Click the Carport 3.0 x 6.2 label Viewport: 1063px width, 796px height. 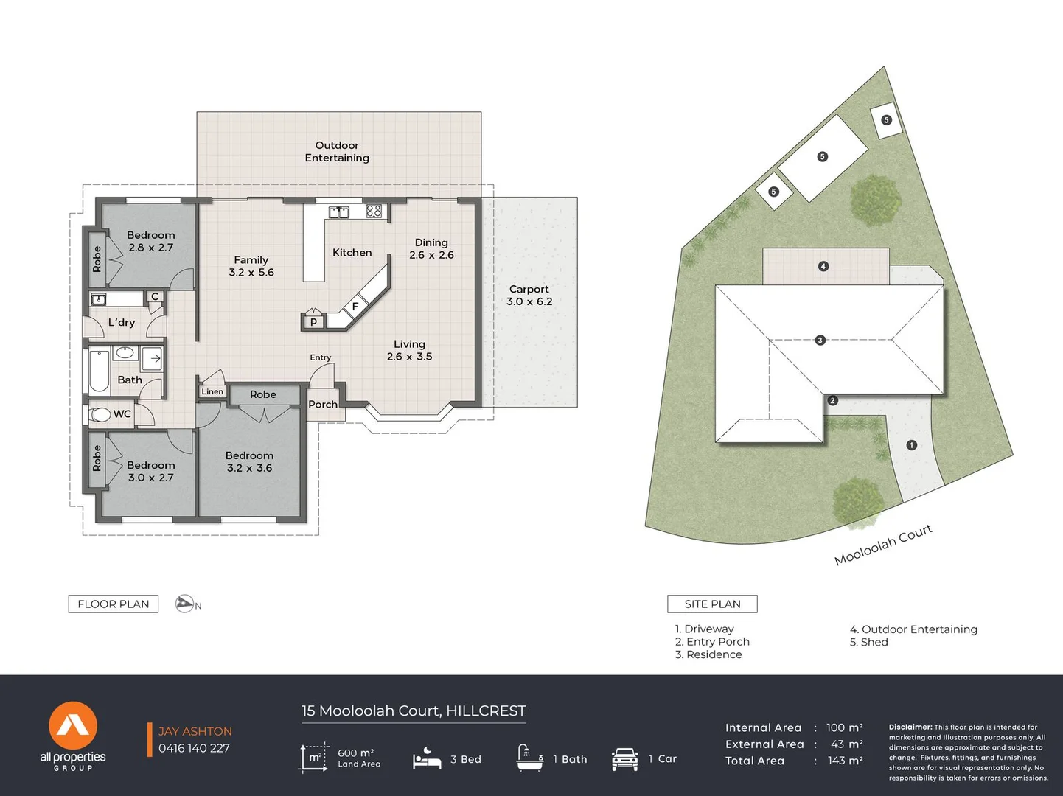[529, 296]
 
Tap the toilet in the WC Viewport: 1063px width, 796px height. [100, 414]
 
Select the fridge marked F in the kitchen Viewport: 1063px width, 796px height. [355, 306]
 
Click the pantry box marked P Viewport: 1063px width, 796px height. [313, 321]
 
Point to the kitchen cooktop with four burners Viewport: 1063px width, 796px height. [374, 211]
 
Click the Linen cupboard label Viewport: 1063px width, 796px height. [212, 391]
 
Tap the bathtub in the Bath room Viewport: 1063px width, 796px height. [100, 371]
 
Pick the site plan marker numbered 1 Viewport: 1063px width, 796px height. [911, 445]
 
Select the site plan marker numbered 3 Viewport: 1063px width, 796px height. [820, 340]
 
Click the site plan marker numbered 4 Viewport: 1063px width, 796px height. [823, 266]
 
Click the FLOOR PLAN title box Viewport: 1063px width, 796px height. [114, 604]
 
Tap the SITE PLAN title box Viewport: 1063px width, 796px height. [712, 604]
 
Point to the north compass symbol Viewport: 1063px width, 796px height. [186, 604]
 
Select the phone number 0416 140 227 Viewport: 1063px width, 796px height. [194, 748]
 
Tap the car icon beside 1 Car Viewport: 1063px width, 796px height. [624, 759]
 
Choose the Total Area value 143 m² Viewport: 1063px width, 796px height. [845, 761]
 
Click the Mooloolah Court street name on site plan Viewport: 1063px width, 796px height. [883, 545]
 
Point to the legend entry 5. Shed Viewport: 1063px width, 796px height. [869, 642]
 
